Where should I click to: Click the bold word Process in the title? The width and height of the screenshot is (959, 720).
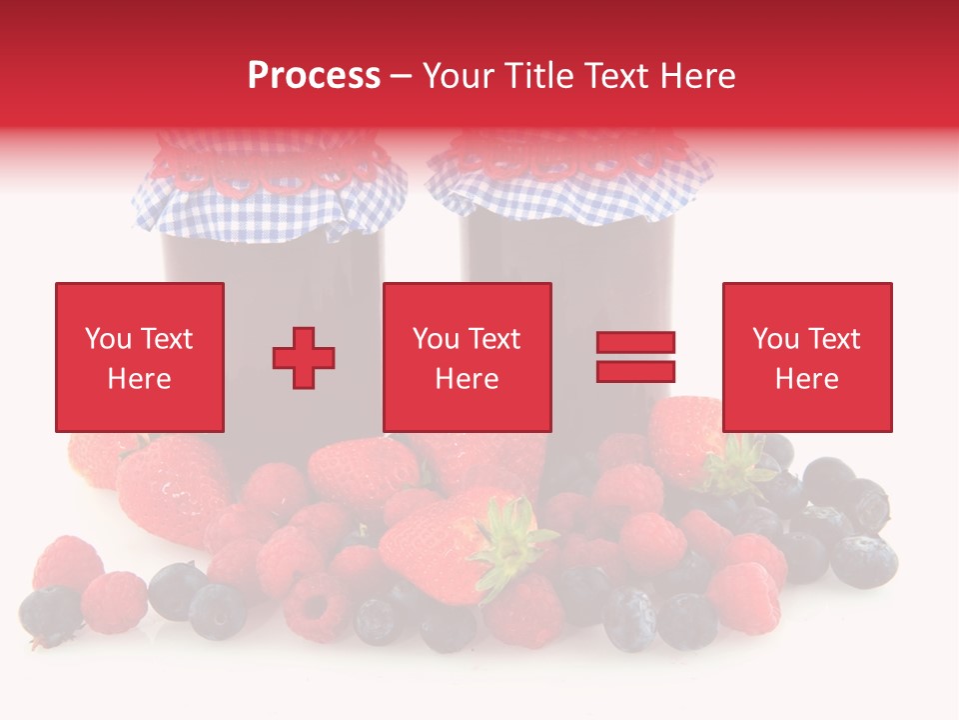tap(314, 76)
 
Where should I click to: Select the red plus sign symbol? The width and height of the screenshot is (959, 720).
tap(304, 357)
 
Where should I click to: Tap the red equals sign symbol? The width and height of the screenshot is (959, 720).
tap(635, 357)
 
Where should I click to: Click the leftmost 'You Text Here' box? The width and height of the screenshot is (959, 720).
tap(139, 357)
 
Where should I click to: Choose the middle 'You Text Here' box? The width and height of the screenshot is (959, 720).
tap(467, 357)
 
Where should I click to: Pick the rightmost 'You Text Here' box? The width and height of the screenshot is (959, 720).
tap(806, 357)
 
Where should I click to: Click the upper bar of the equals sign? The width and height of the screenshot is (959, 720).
tap(635, 343)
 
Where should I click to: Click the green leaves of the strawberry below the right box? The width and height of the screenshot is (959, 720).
tap(739, 466)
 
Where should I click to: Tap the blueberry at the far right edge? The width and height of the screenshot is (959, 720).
tap(863, 561)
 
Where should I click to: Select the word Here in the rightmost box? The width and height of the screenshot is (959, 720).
tap(806, 379)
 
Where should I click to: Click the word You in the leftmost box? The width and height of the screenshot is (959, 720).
tap(107, 339)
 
